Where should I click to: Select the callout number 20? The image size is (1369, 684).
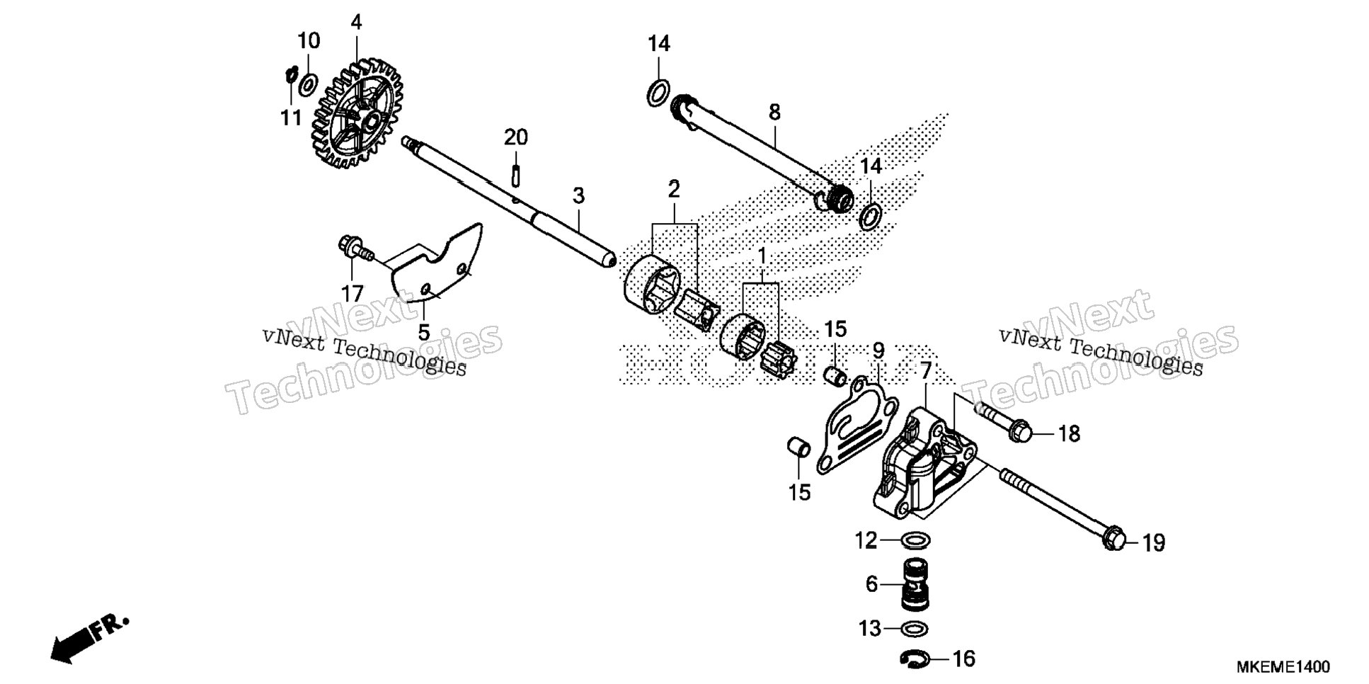(516, 137)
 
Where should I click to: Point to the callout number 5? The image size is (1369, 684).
(424, 332)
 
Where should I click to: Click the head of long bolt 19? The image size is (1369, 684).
(1113, 539)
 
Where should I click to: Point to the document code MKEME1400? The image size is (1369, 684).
(1283, 667)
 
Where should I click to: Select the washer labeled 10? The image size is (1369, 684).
(308, 85)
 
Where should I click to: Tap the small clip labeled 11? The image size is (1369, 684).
(290, 74)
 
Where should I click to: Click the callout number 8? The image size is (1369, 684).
(774, 112)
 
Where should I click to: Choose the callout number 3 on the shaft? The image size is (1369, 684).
(578, 196)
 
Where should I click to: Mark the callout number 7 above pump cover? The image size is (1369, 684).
(925, 370)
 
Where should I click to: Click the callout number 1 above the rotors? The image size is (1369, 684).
(762, 256)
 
